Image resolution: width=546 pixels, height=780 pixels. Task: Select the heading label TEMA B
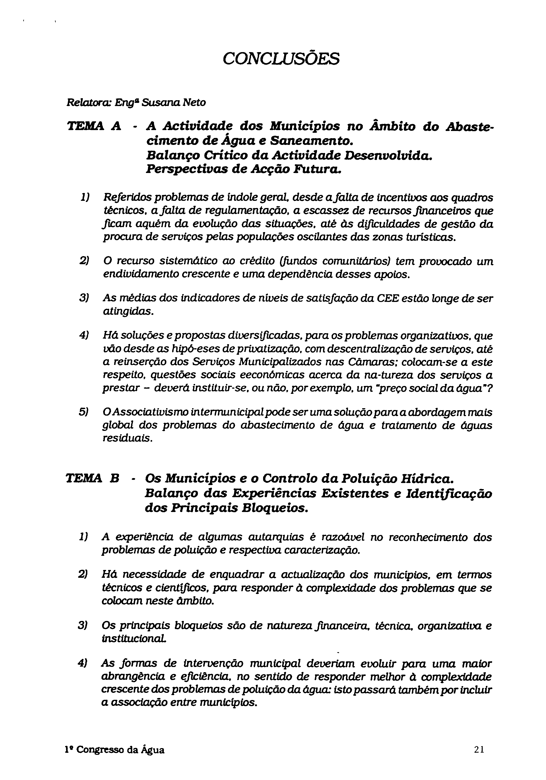coord(92,479)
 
